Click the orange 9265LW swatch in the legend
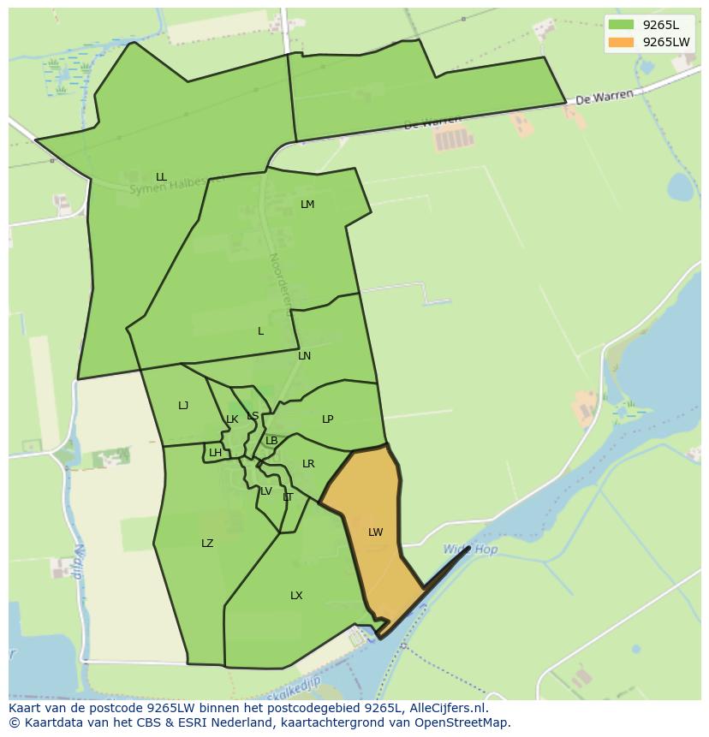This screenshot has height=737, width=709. point(621,42)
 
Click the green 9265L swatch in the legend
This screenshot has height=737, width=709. point(621,24)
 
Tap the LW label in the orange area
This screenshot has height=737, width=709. point(375,532)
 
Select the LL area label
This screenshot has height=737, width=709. point(161,177)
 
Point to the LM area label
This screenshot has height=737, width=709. point(307,205)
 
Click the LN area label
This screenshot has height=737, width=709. point(304,356)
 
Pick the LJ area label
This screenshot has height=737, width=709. point(183,406)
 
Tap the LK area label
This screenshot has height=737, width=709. point(232,419)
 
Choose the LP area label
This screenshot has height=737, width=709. point(327,419)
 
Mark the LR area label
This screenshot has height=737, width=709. point(308,464)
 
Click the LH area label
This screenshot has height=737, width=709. point(215,453)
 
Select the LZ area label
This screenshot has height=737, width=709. point(207,544)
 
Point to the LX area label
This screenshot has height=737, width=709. point(296,596)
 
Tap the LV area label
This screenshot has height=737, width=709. point(266,491)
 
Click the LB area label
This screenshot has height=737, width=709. point(271,441)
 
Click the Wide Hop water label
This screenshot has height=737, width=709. point(470,550)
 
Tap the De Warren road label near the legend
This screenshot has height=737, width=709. point(605,98)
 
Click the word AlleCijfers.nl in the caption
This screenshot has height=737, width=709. point(445,708)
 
